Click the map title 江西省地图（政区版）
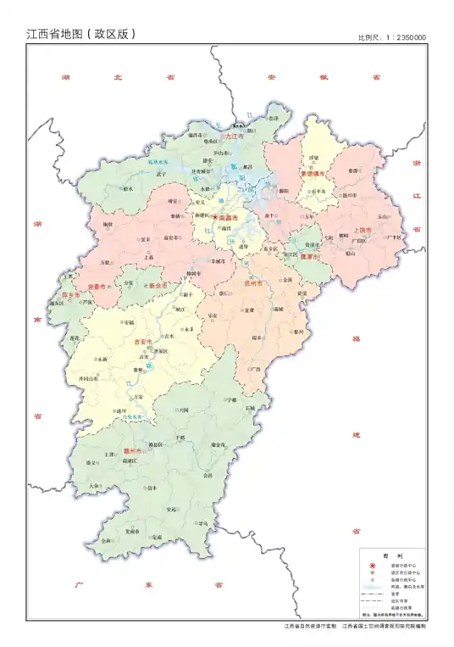click(81, 35)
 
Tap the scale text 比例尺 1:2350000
click(391, 37)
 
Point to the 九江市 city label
click(234, 136)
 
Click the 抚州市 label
click(255, 282)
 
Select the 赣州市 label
click(134, 451)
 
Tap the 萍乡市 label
click(71, 294)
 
